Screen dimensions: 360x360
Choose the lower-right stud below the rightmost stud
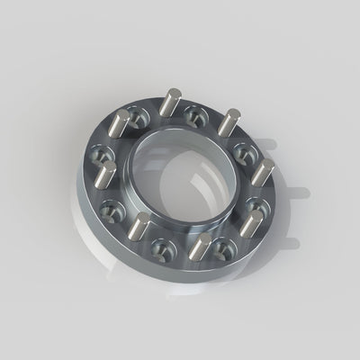pos(250,219)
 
